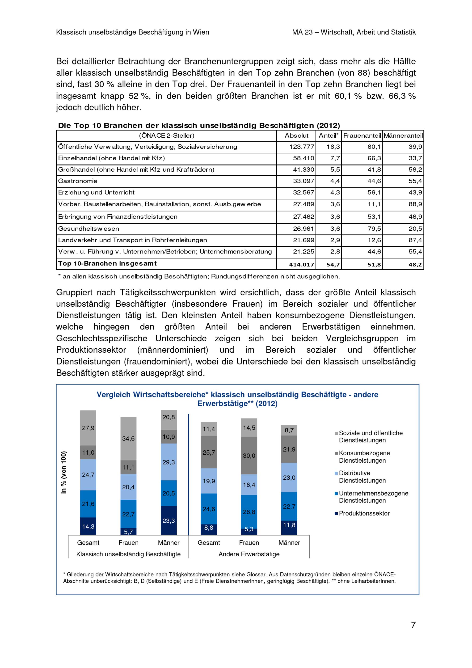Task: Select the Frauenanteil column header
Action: coord(362,135)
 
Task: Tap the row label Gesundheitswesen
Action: coord(88,229)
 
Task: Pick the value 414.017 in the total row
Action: coord(301,264)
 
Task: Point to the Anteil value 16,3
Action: coord(333,147)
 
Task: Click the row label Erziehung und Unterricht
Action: coord(96,192)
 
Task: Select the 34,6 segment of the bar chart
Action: coord(128,438)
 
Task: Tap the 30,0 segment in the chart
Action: coord(249,456)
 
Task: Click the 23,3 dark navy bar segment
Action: coord(169,520)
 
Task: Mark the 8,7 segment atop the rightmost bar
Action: coord(289,430)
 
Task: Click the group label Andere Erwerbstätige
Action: coord(249,554)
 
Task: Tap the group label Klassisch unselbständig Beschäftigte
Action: coord(128,554)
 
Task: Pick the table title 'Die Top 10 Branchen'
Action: coord(199,125)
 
